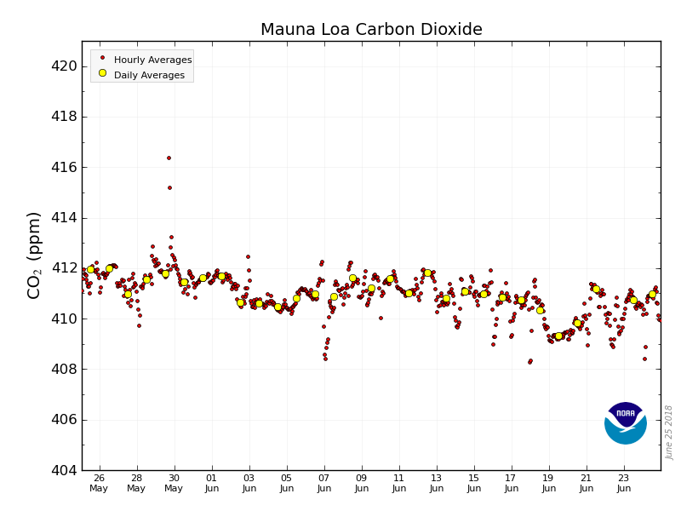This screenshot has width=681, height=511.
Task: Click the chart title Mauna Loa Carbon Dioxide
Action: click(371, 30)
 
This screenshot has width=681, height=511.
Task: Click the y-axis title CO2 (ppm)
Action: click(34, 255)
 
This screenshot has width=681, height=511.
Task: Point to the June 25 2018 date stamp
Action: click(670, 432)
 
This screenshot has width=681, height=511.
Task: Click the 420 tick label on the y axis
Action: click(60, 66)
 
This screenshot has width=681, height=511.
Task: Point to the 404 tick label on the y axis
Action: click(60, 470)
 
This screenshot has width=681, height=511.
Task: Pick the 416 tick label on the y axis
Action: click(60, 167)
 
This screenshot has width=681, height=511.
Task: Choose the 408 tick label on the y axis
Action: click(60, 369)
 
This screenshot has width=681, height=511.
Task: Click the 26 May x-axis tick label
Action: click(99, 483)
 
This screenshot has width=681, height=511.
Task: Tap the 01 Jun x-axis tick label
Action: click(211, 483)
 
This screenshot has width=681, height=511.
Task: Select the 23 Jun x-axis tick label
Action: click(624, 483)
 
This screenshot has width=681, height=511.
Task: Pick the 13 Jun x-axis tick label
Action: click(437, 483)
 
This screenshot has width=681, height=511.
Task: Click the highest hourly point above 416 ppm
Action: click(169, 158)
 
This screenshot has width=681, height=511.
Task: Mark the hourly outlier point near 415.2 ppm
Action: click(169, 187)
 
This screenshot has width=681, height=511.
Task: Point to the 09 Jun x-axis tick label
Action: click(362, 483)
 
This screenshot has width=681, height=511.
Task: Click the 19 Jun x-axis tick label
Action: click(549, 483)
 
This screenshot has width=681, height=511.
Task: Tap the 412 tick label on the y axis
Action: click(60, 268)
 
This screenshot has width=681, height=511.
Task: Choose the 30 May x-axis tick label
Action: click(174, 483)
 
